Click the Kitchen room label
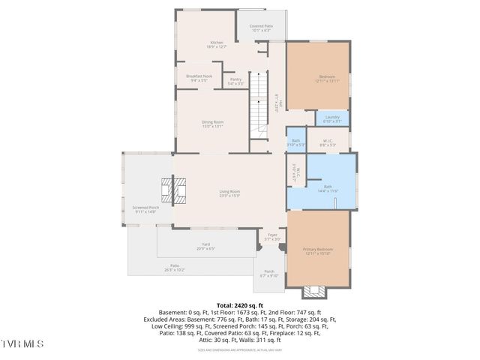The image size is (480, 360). coord(217,44)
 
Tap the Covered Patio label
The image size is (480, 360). coord(261,28)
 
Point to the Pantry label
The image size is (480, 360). coord(235,81)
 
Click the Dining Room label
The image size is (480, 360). coord(212,124)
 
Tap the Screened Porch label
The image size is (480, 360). coord(145,209)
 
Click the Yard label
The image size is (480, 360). coord(205,247)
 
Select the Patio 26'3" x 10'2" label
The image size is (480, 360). coord(174,268)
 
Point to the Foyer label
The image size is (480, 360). coord(272,237)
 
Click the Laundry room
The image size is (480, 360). coord(332,118)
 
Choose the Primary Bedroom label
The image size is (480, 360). coord(317,250)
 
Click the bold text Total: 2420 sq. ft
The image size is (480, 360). coord(239,305)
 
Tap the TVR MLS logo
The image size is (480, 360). coord(22,343)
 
